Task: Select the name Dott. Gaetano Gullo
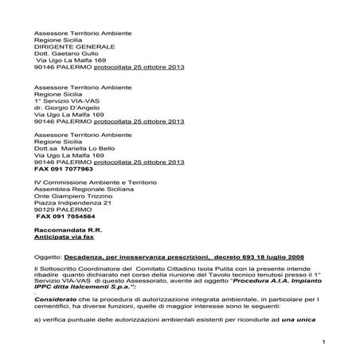coord(65,55)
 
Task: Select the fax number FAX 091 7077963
coord(65,170)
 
